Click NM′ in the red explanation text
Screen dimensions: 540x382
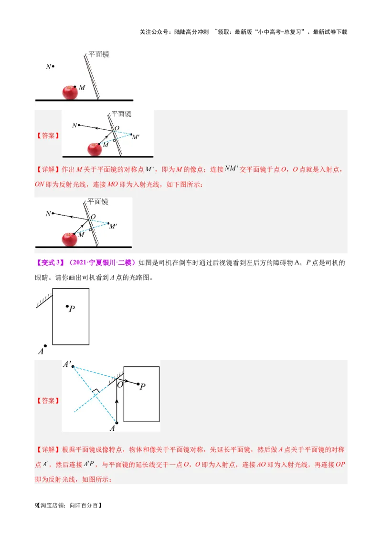[232, 168]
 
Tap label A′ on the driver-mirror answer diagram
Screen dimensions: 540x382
[67, 364]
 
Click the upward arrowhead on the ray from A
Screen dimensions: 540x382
[117, 403]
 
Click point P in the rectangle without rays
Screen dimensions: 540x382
[67, 306]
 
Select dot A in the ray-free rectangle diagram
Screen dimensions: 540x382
[45, 346]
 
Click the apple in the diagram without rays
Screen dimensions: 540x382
[70, 92]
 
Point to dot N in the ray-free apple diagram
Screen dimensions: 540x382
[53, 66]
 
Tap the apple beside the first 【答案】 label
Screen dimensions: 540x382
[95, 149]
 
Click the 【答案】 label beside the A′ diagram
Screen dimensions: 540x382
[48, 401]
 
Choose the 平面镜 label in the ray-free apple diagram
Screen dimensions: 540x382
[99, 54]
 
